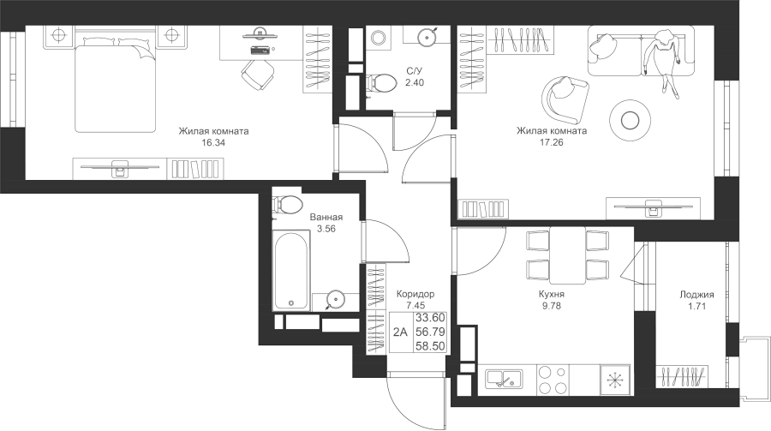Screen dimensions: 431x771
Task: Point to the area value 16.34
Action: click(213, 143)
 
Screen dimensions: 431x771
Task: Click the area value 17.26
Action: click(551, 143)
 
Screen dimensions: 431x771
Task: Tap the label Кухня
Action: click(551, 292)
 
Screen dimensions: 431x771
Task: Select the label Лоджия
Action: click(696, 294)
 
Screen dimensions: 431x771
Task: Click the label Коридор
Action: click(415, 293)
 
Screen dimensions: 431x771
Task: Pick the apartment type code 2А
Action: click(399, 332)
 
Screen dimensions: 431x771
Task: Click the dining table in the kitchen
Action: click(568, 256)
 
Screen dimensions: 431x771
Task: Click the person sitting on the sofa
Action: click(665, 57)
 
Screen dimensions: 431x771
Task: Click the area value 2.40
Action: click(414, 83)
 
